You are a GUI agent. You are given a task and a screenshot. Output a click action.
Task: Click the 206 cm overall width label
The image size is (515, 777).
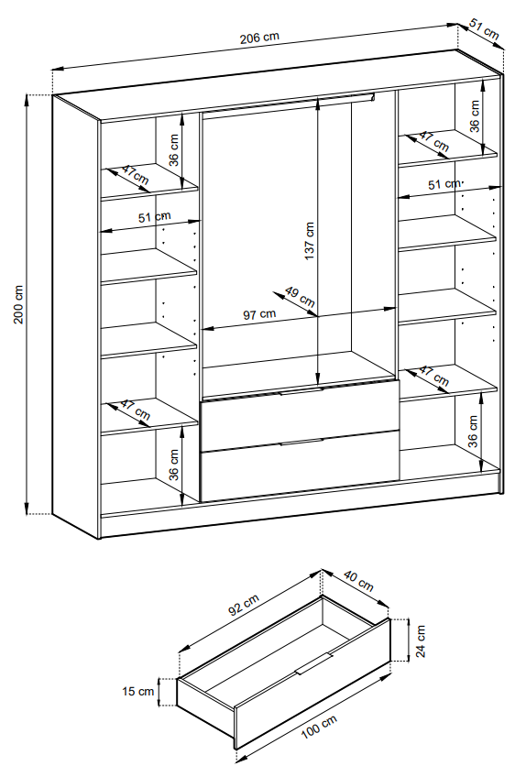point(259,38)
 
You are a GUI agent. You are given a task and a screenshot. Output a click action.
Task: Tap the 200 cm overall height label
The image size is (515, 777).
point(18,304)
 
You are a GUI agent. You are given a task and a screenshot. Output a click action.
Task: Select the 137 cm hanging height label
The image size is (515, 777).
point(310,241)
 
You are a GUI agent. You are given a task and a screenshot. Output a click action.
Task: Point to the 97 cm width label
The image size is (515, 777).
point(259,314)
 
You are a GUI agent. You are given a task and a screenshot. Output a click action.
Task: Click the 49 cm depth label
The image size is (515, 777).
point(301,296)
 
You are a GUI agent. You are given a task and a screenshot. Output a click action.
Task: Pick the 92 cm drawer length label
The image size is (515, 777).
point(244,605)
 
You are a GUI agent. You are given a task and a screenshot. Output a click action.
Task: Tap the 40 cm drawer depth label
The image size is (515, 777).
point(358,581)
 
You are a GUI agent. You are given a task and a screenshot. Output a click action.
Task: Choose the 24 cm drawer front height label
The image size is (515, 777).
point(421,640)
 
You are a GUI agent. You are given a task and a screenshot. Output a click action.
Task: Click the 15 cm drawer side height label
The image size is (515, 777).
point(138,691)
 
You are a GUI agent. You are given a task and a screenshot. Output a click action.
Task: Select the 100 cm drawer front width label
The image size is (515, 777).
point(319,727)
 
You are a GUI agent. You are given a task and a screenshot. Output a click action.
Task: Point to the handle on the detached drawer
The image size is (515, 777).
point(313,663)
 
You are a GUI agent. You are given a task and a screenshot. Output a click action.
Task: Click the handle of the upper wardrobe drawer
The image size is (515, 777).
point(301,391)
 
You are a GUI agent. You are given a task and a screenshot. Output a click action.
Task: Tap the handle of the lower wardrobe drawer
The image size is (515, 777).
point(301,442)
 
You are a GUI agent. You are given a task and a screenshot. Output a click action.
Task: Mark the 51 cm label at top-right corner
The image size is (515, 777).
point(484,29)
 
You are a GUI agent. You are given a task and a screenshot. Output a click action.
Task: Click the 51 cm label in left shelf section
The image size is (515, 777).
point(154,216)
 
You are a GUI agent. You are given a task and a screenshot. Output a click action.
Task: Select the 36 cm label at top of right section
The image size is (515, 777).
point(475,116)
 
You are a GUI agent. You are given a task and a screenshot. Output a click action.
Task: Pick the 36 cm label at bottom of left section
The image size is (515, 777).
point(173,465)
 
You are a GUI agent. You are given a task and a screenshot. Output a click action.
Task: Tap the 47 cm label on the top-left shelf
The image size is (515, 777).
point(135,175)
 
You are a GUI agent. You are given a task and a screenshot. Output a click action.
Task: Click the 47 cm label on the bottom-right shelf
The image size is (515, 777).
point(434,377)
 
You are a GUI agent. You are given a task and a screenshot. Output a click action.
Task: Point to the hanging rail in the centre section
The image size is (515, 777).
point(288,103)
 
